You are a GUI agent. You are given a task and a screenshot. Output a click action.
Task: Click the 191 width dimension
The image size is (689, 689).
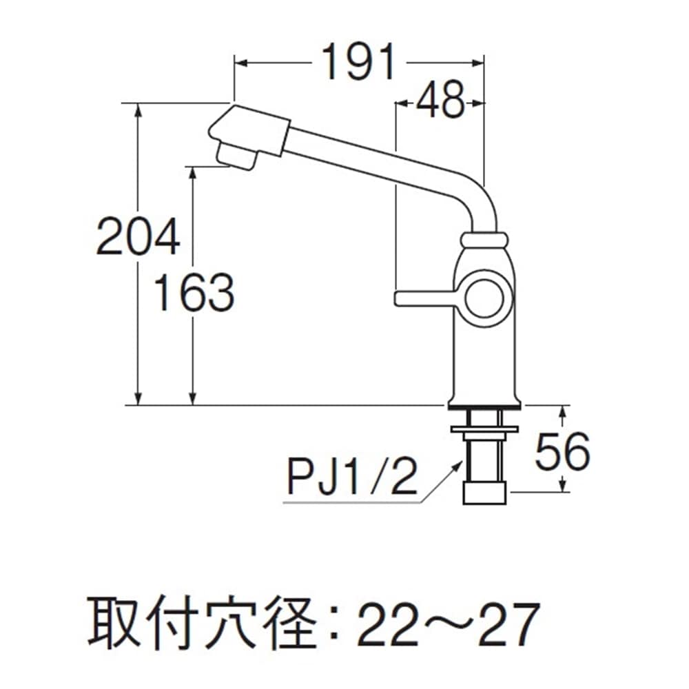(x=359, y=63)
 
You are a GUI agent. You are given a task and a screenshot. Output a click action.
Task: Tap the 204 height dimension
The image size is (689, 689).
(x=138, y=236)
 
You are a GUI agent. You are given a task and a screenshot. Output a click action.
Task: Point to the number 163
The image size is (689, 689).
(x=194, y=292)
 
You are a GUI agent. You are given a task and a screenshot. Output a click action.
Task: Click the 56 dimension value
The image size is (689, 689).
(x=563, y=452)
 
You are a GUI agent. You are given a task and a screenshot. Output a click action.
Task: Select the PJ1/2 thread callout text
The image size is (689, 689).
(x=352, y=476)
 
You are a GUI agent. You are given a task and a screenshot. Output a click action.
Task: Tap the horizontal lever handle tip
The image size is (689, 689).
(x=403, y=298)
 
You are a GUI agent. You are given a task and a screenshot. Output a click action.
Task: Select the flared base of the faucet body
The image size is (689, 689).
(x=485, y=399)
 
